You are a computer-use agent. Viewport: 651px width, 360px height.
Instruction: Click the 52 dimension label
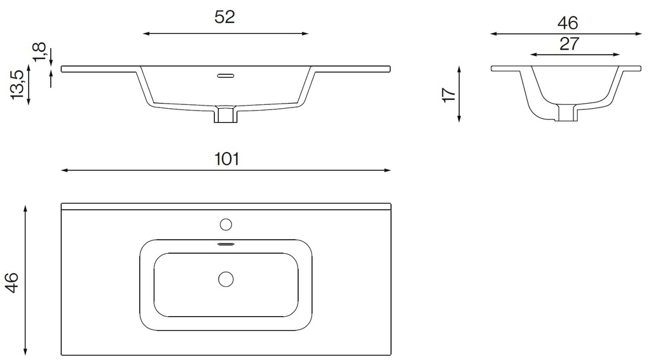[x=224, y=18]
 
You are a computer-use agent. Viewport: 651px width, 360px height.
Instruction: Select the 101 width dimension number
[x=226, y=158]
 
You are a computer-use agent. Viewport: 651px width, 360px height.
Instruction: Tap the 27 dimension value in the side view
[x=569, y=44]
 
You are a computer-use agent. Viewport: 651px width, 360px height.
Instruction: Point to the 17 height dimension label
[x=449, y=94]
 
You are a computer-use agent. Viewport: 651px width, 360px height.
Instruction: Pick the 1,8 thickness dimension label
[x=39, y=53]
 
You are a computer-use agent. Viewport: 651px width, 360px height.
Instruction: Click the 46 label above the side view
[x=568, y=24]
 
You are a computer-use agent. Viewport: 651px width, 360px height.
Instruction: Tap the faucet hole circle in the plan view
[x=226, y=224]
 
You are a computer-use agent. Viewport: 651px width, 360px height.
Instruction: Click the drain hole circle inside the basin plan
[x=226, y=279]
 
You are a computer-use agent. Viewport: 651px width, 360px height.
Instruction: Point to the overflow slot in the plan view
[x=226, y=244]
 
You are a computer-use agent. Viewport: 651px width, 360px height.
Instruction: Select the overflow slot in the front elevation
[x=226, y=76]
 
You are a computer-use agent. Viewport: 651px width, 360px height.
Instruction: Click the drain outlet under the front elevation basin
[x=226, y=115]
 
